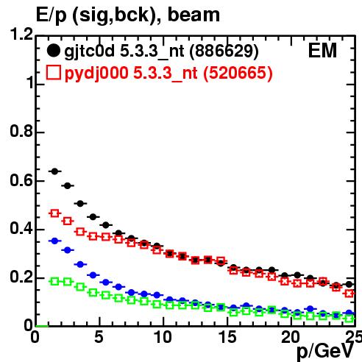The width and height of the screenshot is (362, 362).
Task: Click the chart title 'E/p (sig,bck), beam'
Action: tap(128, 15)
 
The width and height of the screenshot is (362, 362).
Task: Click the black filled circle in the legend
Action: tap(54, 51)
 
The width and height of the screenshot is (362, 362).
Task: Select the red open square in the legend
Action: tap(54, 72)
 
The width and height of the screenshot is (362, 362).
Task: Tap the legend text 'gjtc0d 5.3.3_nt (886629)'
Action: tap(161, 52)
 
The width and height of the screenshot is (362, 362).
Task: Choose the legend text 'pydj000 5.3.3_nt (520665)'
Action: tap(168, 74)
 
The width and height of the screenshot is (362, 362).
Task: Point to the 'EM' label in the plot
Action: tap(322, 51)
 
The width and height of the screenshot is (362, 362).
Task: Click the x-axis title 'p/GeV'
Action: tap(325, 351)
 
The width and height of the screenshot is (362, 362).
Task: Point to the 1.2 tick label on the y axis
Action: tap(21, 34)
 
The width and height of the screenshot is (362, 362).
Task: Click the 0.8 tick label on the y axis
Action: tap(21, 131)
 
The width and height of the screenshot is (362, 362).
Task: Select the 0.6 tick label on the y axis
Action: tap(21, 180)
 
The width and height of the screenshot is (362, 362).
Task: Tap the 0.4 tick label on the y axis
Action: tap(21, 228)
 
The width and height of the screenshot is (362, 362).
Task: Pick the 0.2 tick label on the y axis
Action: tap(21, 277)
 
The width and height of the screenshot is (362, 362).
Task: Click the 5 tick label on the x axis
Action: tap(99, 337)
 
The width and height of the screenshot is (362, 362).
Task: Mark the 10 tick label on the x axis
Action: tap(163, 337)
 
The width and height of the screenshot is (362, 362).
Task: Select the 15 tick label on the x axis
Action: tap(227, 337)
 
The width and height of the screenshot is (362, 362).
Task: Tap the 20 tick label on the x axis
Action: tap(291, 337)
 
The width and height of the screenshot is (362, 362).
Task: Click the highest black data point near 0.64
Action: tap(54, 171)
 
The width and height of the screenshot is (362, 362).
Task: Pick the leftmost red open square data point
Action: tap(54, 213)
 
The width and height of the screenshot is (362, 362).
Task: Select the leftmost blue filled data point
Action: tap(54, 241)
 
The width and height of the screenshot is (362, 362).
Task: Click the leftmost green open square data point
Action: tap(54, 281)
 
